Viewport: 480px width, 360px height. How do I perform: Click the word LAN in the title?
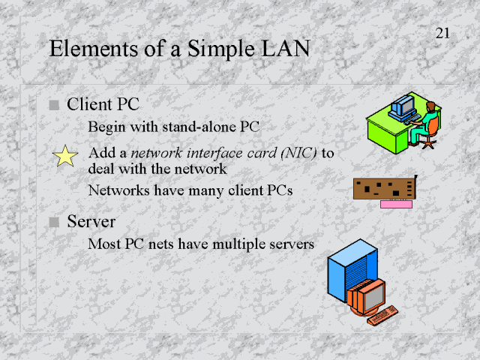pos(283,49)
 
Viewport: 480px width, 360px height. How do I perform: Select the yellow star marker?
pos(66,156)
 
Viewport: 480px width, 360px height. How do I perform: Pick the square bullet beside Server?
pos(53,222)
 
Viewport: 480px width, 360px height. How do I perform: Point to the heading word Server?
pos(91,222)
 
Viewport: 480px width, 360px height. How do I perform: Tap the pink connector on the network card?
pos(397,203)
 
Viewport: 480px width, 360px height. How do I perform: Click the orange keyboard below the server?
pos(383,315)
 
